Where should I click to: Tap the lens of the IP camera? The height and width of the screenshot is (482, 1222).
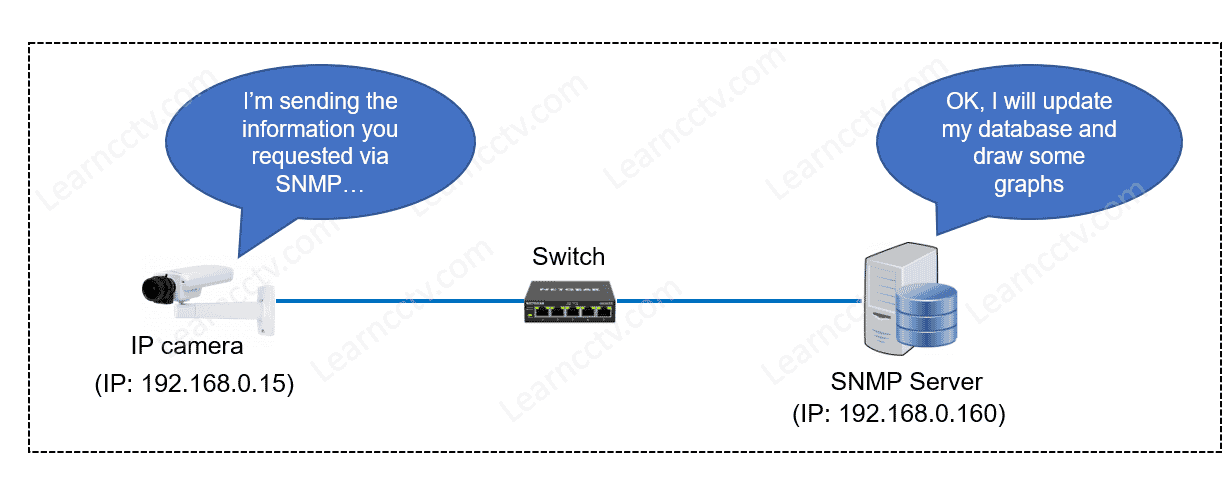157,289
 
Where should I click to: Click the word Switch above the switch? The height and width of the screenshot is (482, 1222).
569,256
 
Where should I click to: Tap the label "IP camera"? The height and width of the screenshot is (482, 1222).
187,347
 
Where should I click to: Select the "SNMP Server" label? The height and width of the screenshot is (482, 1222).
907,381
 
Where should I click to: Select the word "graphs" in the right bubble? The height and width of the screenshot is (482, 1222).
1029,184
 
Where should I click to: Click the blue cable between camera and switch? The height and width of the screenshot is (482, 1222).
400,299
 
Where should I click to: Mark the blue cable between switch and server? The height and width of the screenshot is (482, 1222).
740,299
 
